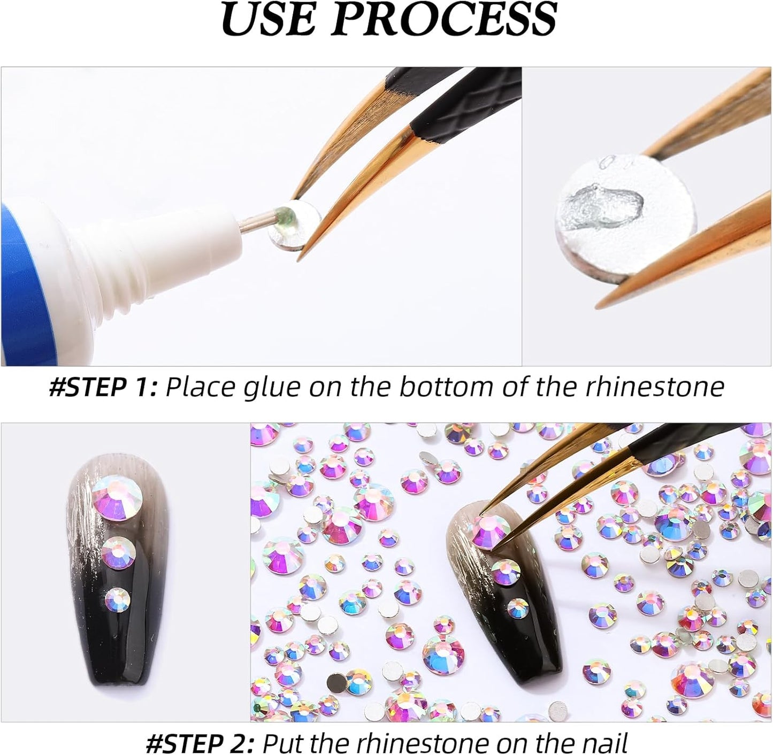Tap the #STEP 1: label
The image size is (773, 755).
click(103, 387)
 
